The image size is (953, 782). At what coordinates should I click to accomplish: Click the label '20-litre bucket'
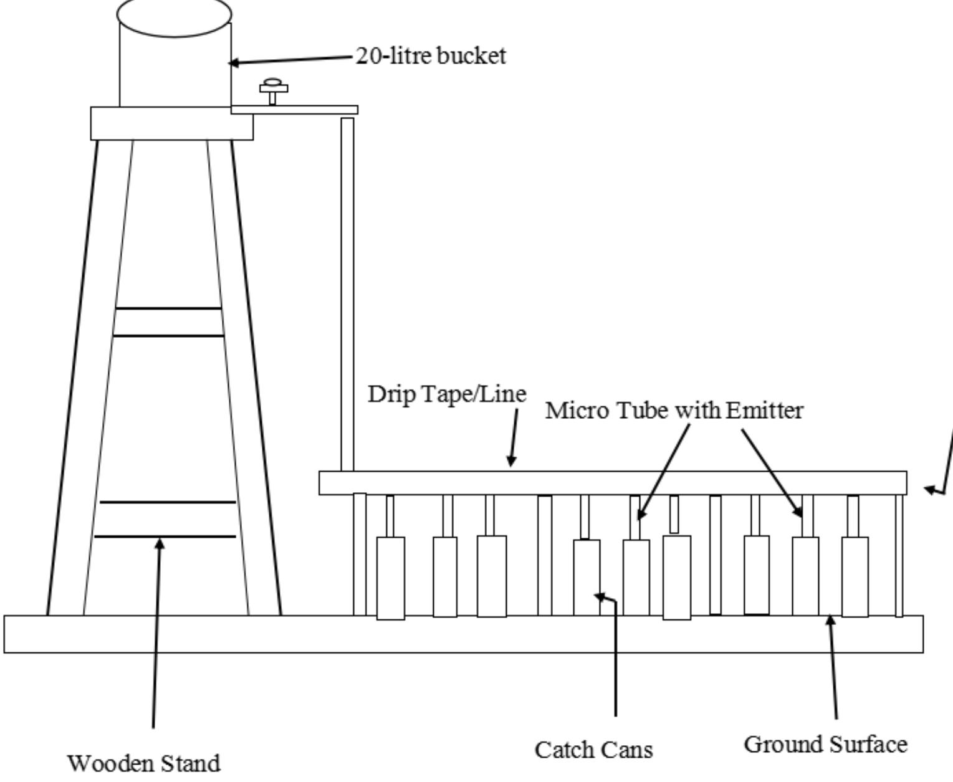tap(431, 56)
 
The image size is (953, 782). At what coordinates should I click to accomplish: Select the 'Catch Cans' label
tap(593, 750)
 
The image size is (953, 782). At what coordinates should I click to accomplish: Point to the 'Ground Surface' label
tap(825, 744)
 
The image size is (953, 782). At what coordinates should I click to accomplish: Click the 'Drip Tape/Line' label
tap(447, 394)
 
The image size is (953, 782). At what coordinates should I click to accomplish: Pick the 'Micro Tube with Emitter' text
tap(674, 410)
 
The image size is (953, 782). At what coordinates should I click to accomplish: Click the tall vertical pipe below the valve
tap(347, 293)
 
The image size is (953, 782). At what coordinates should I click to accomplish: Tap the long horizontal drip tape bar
tap(613, 483)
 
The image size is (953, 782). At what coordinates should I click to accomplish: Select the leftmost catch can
tap(391, 578)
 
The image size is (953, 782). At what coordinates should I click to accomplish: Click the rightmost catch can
tap(855, 576)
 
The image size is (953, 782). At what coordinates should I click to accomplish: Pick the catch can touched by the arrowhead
tap(587, 578)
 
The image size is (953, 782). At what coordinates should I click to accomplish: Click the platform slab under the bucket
tap(171, 123)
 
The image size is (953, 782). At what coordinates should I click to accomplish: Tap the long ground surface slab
tap(464, 634)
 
